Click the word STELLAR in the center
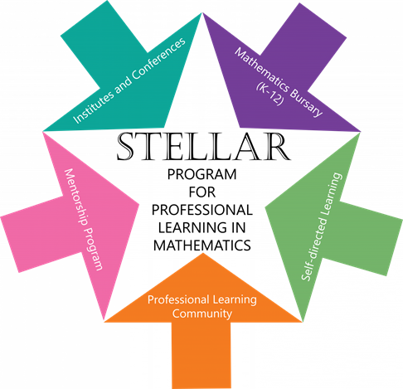[x=203, y=146]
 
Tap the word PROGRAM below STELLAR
[x=202, y=174]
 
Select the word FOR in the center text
[x=202, y=192]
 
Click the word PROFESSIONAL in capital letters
[x=202, y=210]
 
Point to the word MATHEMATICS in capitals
[x=202, y=246]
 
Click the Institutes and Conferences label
[x=129, y=80]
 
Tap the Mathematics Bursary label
[x=279, y=82]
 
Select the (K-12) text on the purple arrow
[x=270, y=94]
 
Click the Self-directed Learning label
[x=322, y=226]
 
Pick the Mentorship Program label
[x=84, y=219]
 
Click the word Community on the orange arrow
[x=202, y=314]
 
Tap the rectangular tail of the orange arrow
[x=201, y=355]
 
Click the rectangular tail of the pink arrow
[x=42, y=234]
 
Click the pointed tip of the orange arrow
[x=203, y=254]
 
